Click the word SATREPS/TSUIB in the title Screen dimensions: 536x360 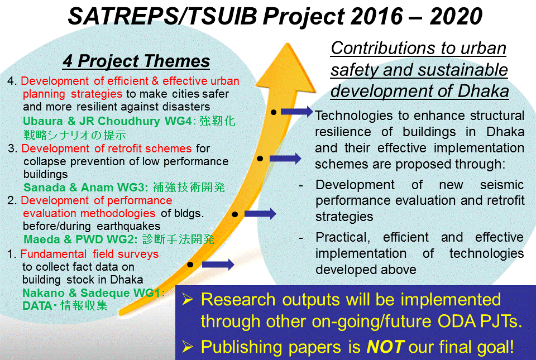[x=162, y=16]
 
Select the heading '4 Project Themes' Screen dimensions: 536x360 [x=136, y=61]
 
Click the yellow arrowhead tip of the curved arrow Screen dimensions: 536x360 [x=287, y=44]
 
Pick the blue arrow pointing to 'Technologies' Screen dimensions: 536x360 [x=296, y=112]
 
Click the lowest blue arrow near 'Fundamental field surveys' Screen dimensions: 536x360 [x=218, y=265]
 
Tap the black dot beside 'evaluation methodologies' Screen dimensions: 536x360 [x=234, y=214]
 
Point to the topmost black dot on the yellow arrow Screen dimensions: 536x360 [x=274, y=112]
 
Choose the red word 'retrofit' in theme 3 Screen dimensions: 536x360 [x=125, y=148]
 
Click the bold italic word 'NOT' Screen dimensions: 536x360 [x=386, y=347]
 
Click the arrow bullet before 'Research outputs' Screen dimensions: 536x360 [x=188, y=300]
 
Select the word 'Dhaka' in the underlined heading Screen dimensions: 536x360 [x=484, y=91]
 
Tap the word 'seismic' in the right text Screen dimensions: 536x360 [x=502, y=185]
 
